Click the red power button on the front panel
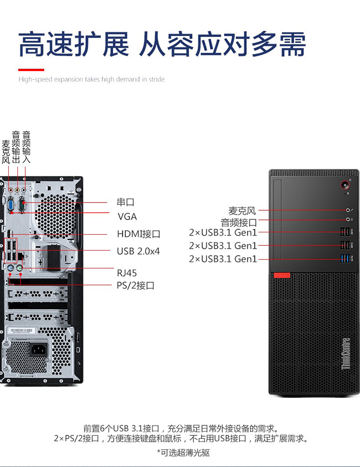coord(345,185)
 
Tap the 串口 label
coord(125,202)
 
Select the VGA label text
coord(127,216)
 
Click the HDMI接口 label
coord(138,234)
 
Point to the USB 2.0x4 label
coord(138,251)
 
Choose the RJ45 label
coord(127,273)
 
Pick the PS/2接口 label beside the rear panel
coord(135,286)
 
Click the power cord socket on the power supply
coord(38,349)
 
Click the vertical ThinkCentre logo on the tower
coord(346,354)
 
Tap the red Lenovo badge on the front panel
coord(282,275)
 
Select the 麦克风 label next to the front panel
coord(242,211)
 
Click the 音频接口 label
coord(239,222)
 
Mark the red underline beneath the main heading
coord(31,70)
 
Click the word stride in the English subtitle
coord(156,79)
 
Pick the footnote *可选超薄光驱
coord(183,453)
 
